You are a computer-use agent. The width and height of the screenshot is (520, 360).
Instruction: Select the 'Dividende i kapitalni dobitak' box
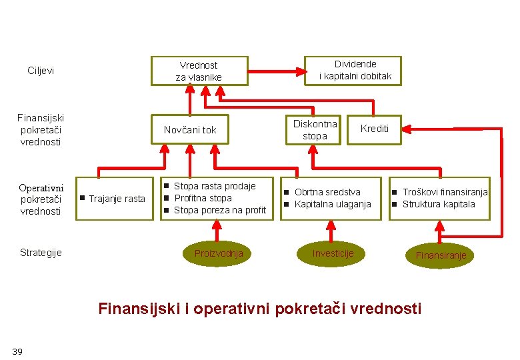point(355,71)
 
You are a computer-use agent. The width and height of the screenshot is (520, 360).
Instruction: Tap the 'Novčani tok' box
point(190,130)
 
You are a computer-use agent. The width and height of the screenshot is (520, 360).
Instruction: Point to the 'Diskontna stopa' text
point(315,130)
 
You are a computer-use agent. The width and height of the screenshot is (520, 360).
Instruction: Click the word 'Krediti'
point(375,128)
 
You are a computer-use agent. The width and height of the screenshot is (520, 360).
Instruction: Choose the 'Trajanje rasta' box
point(116,199)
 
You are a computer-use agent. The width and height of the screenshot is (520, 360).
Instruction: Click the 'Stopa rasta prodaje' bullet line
point(215,186)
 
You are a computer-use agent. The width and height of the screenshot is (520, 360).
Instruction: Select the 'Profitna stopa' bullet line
point(203,198)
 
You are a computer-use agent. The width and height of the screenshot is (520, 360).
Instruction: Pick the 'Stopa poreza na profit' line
point(219,211)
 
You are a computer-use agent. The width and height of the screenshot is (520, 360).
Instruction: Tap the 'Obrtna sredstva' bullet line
point(327,192)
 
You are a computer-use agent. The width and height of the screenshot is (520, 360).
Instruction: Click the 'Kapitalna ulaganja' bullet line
point(333,204)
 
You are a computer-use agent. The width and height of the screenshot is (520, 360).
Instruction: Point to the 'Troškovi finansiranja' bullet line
point(445,192)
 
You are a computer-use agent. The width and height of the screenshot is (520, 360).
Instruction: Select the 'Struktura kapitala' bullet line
point(439,204)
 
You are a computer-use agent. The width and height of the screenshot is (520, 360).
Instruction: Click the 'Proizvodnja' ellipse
point(219,253)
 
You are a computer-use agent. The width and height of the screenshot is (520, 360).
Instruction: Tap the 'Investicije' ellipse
point(333,253)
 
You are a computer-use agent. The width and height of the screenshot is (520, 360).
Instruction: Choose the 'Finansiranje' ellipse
point(441,255)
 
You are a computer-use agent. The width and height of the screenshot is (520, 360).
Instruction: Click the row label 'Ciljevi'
point(41,71)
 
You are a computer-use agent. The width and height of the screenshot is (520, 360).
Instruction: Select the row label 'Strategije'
point(41,253)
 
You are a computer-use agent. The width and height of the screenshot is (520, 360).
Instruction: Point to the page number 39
point(17,351)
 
